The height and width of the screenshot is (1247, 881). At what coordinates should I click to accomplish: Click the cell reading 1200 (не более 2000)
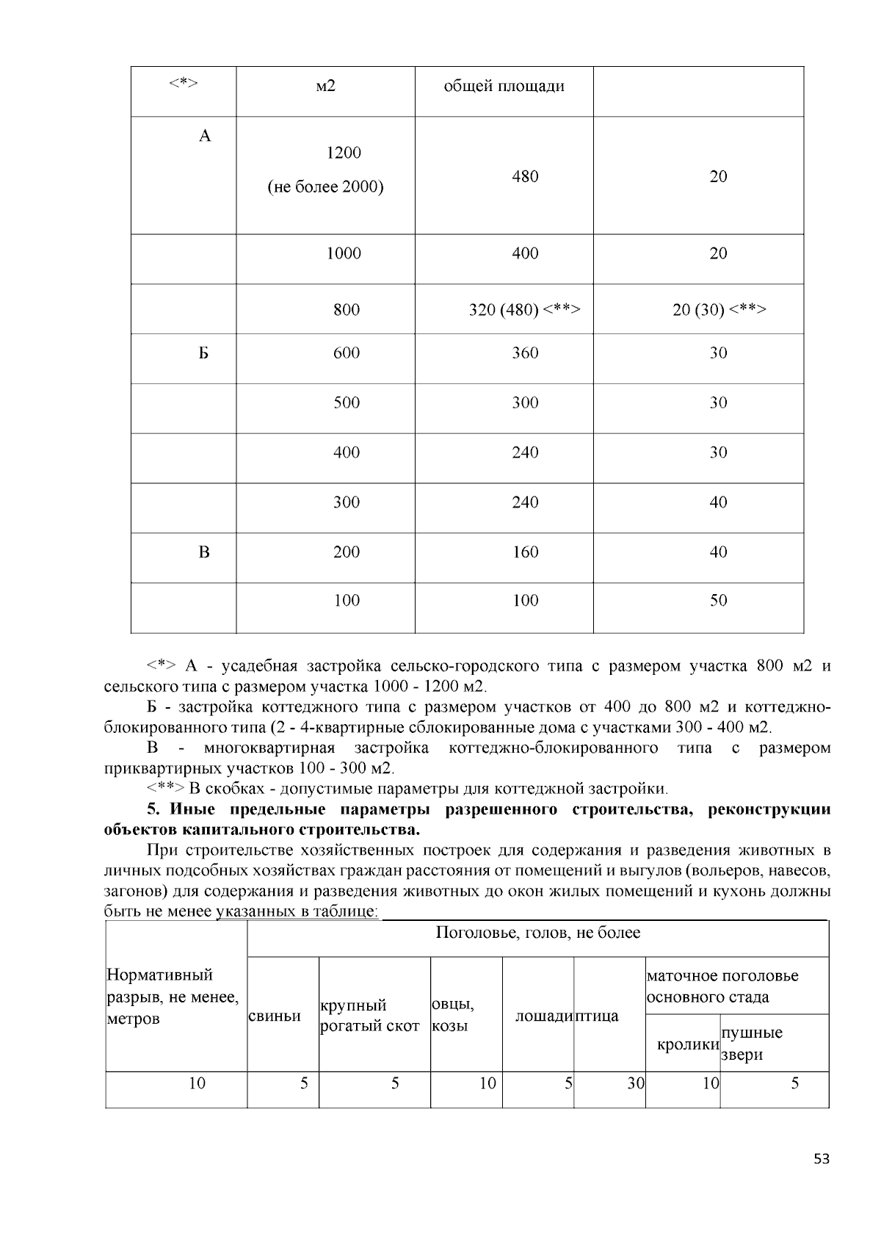point(325,170)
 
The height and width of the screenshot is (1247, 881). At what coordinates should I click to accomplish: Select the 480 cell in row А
point(525,176)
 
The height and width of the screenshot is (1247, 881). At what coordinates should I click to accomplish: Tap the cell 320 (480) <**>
point(525,310)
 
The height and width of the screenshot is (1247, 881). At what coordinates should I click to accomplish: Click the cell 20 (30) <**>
point(719,310)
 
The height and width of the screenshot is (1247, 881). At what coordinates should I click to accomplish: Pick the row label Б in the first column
point(204,353)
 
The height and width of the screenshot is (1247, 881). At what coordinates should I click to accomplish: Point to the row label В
point(204,552)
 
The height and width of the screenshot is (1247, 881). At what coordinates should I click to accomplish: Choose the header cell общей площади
point(504,87)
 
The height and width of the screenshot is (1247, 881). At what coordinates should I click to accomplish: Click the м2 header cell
point(325,87)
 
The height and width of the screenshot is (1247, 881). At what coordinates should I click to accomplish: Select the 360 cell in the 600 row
point(525,353)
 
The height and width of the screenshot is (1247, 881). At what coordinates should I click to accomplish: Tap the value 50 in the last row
point(718,601)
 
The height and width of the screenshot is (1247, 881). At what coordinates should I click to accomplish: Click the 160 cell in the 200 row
point(525,552)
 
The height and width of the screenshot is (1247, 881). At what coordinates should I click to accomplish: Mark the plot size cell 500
point(347,402)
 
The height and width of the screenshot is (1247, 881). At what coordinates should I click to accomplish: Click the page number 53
point(822,1160)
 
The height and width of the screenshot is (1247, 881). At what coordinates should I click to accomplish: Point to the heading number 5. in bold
point(153,810)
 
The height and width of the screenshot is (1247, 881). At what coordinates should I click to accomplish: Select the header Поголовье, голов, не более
point(537,933)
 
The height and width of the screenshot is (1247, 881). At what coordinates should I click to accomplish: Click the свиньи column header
point(275,1016)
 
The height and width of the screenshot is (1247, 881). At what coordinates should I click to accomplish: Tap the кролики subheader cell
point(687,1044)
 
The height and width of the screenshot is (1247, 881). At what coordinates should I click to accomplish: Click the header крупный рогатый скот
point(369,1016)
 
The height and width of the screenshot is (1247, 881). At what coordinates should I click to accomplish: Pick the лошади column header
point(543,1016)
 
